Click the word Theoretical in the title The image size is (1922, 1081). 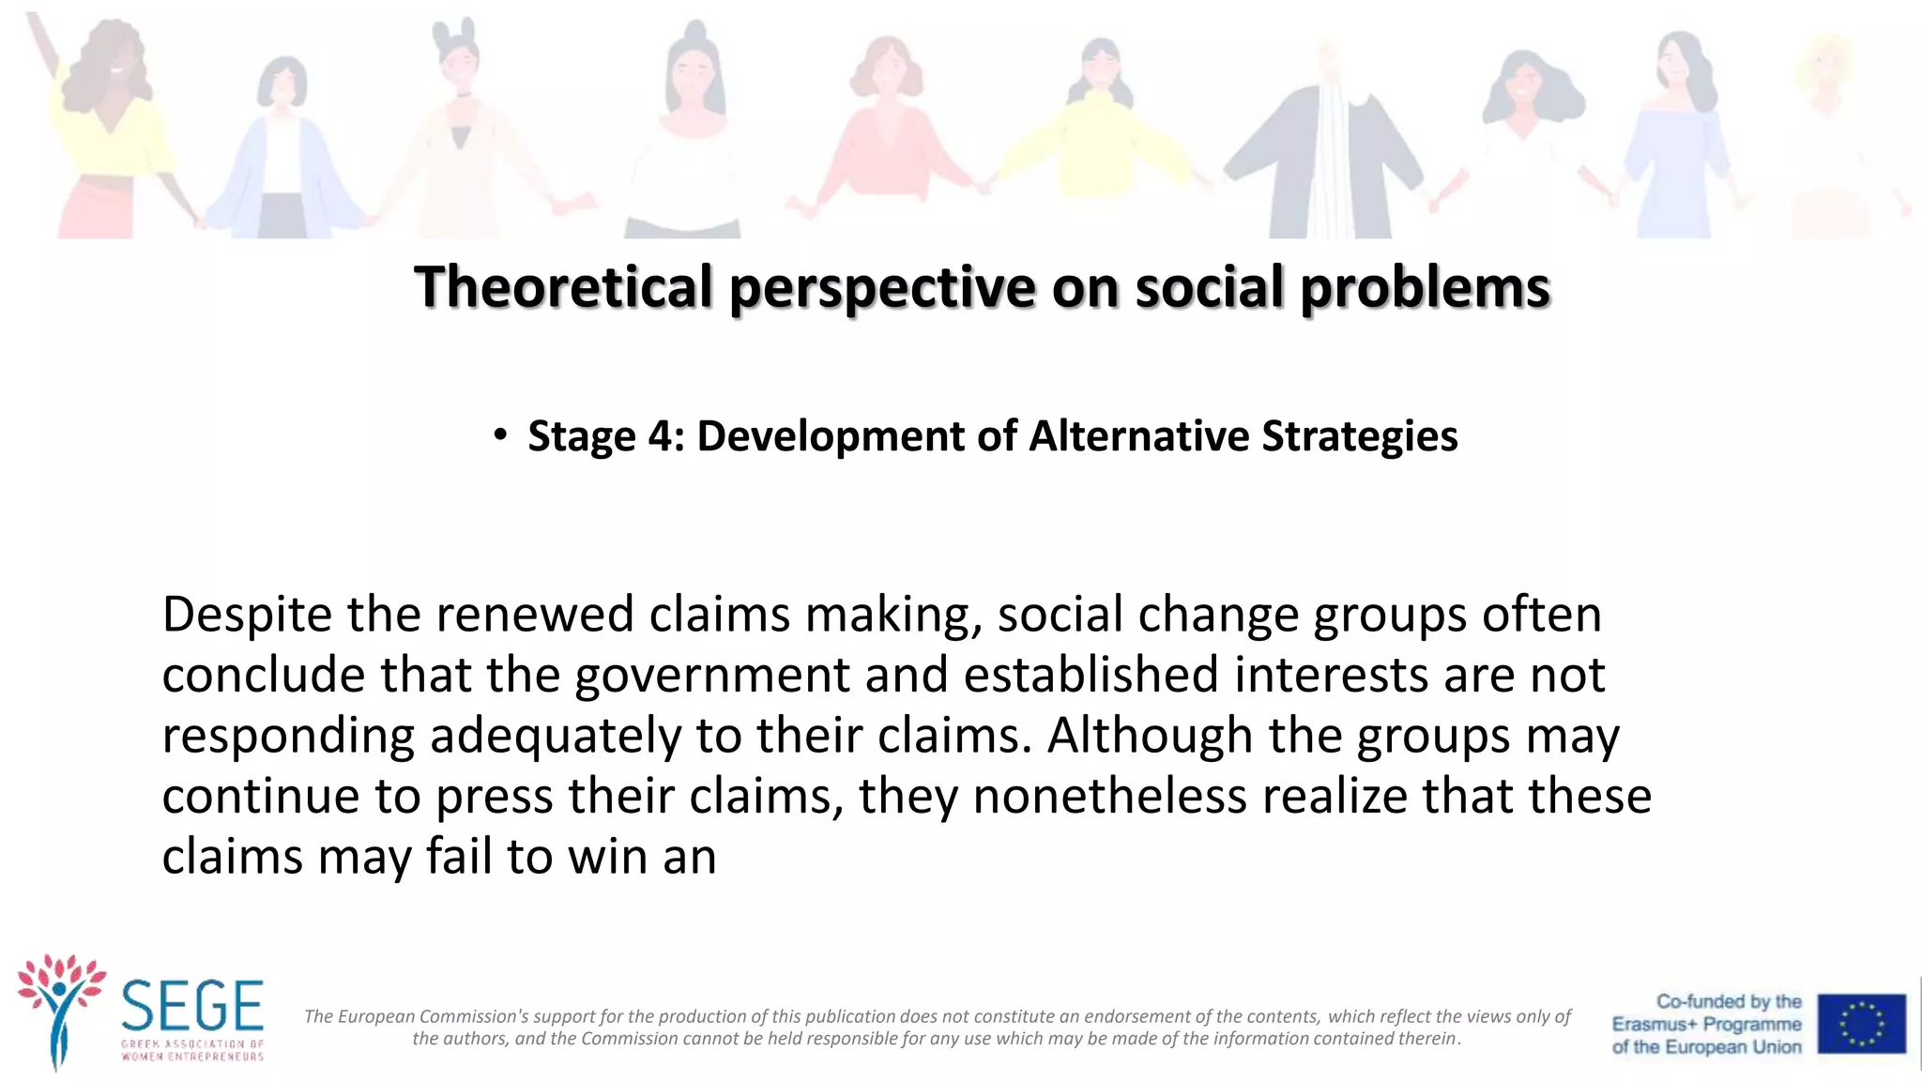click(563, 286)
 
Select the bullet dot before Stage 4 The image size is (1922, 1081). click(501, 434)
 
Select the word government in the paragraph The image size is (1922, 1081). click(712, 677)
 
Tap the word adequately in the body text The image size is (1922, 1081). click(555, 737)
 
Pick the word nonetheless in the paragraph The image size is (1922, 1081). click(1109, 797)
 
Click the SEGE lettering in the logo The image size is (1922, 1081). click(192, 1006)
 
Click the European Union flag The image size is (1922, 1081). click(1861, 1024)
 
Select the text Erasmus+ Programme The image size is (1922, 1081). click(1706, 1024)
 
